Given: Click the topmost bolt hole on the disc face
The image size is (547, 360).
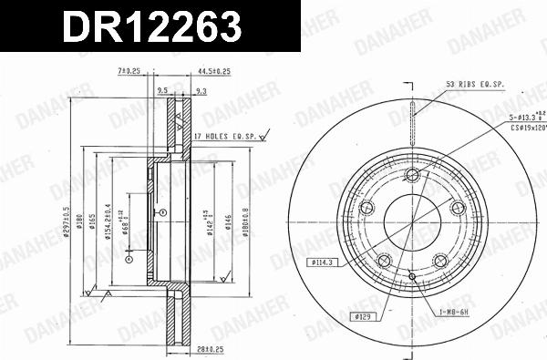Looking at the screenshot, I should click(x=411, y=175).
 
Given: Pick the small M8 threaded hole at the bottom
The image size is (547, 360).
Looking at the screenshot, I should click(x=412, y=276).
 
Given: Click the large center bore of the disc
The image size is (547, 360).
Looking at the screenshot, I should click(x=412, y=220).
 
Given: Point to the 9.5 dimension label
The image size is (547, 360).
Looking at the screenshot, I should click(x=163, y=90).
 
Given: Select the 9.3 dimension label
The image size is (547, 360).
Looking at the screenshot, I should click(x=201, y=90).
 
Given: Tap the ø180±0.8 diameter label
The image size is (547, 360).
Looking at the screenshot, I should click(x=246, y=219).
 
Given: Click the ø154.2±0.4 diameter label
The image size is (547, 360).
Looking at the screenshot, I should click(x=107, y=219).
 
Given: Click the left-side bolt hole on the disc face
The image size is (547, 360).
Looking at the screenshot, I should click(x=368, y=208).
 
